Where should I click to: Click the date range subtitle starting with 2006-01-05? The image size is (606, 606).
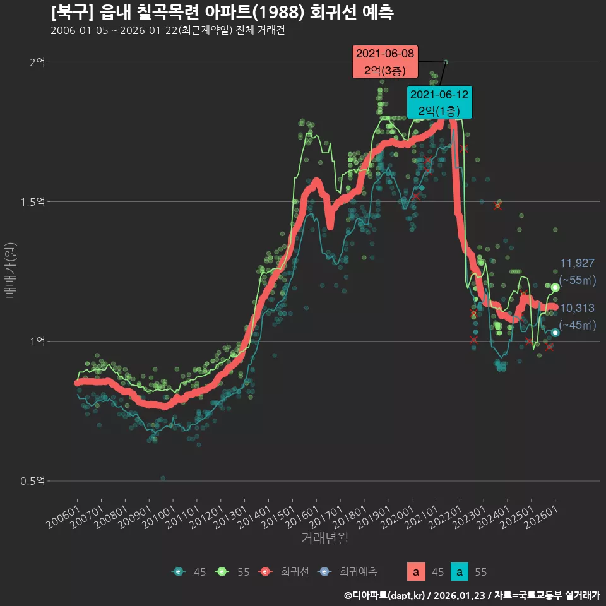tap(167, 30)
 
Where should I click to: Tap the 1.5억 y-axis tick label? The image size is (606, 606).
tap(33, 202)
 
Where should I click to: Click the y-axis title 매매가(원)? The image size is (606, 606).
tap(10, 270)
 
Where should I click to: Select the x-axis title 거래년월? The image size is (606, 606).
tap(324, 538)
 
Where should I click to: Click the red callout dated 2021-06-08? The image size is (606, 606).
tap(385, 62)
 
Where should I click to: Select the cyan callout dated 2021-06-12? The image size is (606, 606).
tap(439, 102)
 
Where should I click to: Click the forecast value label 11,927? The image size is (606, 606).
tap(577, 263)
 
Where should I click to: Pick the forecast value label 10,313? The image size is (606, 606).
tap(577, 308)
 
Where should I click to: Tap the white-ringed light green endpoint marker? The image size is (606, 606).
tap(555, 287)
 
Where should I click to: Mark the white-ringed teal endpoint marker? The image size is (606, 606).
tap(555, 333)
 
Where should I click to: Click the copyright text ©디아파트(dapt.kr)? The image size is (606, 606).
tap(385, 595)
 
